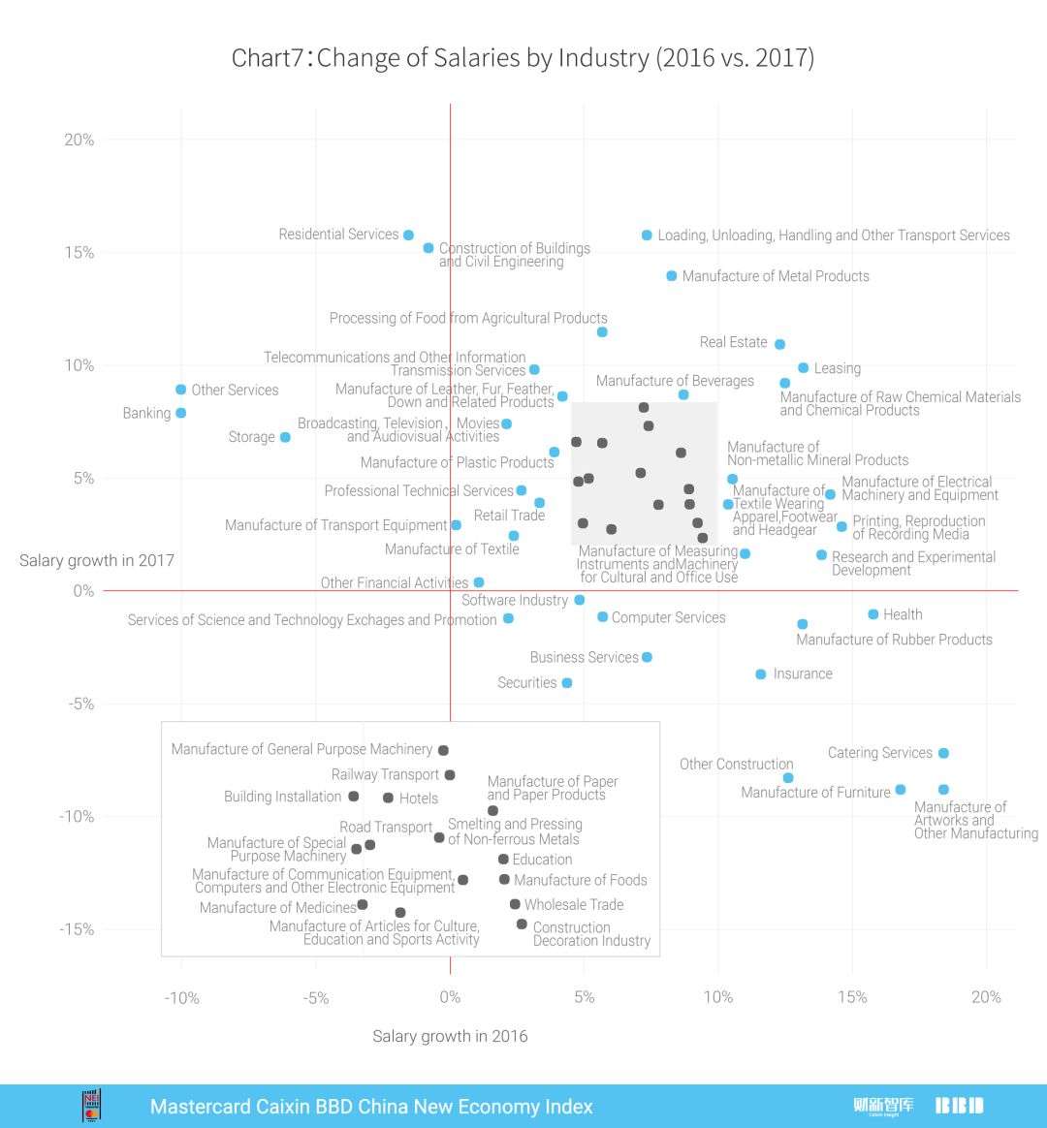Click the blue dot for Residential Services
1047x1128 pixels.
coord(408,235)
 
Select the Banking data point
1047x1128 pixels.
coord(180,413)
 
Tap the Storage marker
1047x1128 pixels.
coord(285,437)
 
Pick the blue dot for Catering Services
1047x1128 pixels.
coord(943,753)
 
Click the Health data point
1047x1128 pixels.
coord(872,614)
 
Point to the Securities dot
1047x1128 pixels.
coord(567,683)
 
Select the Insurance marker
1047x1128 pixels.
coord(761,674)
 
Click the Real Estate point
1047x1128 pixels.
coord(779,344)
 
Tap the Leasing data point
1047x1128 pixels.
coord(803,368)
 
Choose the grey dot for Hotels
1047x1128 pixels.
coord(388,798)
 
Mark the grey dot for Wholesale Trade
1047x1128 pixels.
coord(515,904)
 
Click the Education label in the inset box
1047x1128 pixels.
coord(542,860)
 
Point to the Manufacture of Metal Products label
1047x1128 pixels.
coord(776,276)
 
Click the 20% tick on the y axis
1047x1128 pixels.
coord(79,140)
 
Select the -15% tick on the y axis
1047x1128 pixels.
coord(78,929)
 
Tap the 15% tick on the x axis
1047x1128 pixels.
coord(851,997)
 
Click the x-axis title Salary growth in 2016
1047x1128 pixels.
coord(450,1037)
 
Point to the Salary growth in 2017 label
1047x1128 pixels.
coord(97,560)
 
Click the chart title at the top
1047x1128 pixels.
coord(523,58)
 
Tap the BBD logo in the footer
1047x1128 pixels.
coord(959,1106)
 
